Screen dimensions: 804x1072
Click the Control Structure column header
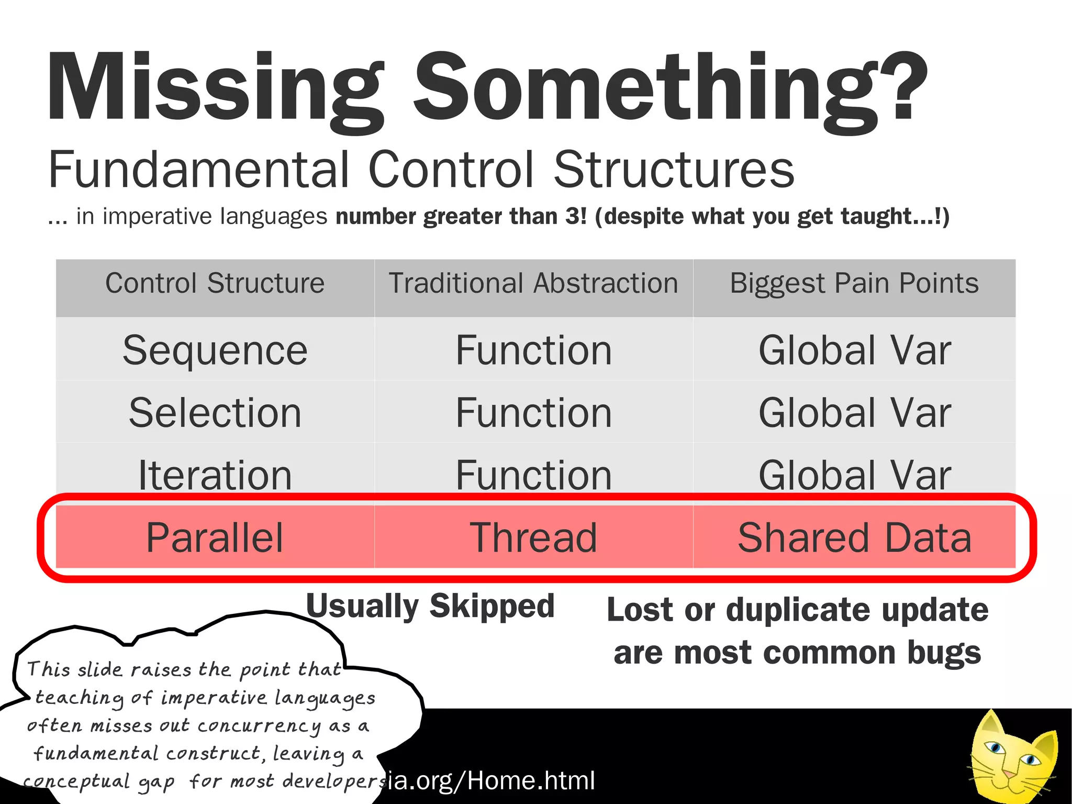pyautogui.click(x=215, y=283)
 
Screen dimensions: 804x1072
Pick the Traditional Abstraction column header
pyautogui.click(x=533, y=283)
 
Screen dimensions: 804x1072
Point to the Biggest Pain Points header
pyautogui.click(x=854, y=283)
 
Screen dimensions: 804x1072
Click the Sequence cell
pyautogui.click(x=215, y=350)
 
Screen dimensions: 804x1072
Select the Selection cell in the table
pyautogui.click(x=215, y=413)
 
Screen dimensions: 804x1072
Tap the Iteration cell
pyautogui.click(x=215, y=475)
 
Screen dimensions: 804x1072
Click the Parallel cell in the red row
pyautogui.click(x=215, y=537)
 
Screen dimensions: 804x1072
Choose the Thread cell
pyautogui.click(x=533, y=537)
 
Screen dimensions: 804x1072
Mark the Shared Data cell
pyautogui.click(x=854, y=537)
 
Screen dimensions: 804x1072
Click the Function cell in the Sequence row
pyautogui.click(x=533, y=350)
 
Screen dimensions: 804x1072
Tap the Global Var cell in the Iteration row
pyautogui.click(x=854, y=475)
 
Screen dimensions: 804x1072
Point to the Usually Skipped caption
pyautogui.click(x=430, y=607)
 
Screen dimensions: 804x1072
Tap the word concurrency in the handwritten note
pyautogui.click(x=259, y=726)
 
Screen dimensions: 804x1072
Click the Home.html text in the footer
pyautogui.click(x=531, y=780)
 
